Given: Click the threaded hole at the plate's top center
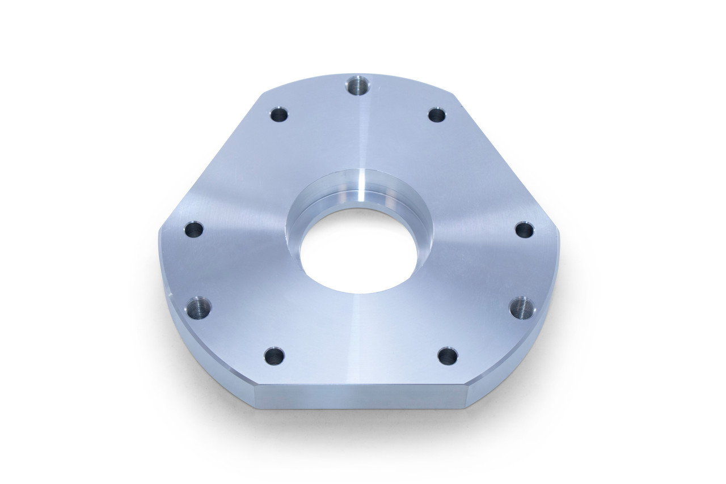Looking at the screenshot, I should pyautogui.click(x=358, y=86).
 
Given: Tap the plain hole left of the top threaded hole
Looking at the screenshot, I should pyautogui.click(x=279, y=115).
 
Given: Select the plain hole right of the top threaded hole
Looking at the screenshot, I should pyautogui.click(x=436, y=115).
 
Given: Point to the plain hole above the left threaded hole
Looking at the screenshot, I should pyautogui.click(x=194, y=230).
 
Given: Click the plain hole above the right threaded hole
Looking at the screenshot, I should pyautogui.click(x=524, y=230).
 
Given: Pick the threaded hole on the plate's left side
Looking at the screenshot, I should pyautogui.click(x=199, y=308).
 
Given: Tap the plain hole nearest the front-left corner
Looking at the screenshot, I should pyautogui.click(x=274, y=356).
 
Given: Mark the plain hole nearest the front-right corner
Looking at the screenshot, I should pyautogui.click(x=448, y=356).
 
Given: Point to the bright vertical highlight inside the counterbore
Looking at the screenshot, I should pyautogui.click(x=361, y=187).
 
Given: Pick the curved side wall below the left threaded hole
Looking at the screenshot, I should pyautogui.click(x=204, y=357).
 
